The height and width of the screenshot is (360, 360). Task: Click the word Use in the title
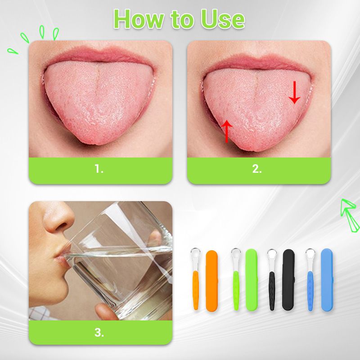click(222, 19)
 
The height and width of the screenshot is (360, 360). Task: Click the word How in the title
click(139, 19)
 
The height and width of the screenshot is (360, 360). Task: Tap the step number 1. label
click(99, 169)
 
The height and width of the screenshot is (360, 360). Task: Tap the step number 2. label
click(257, 169)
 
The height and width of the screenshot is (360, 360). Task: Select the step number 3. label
click(99, 332)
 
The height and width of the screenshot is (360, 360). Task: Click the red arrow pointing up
click(227, 131)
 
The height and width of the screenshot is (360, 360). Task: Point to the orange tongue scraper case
click(211, 281)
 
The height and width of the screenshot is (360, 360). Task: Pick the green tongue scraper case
click(252, 280)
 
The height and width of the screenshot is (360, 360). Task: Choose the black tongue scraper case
click(288, 280)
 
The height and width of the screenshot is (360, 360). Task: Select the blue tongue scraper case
click(327, 280)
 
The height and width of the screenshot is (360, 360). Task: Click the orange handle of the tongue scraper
click(196, 290)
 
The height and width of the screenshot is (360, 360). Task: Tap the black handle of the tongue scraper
click(272, 291)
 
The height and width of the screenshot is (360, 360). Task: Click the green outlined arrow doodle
click(349, 215)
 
